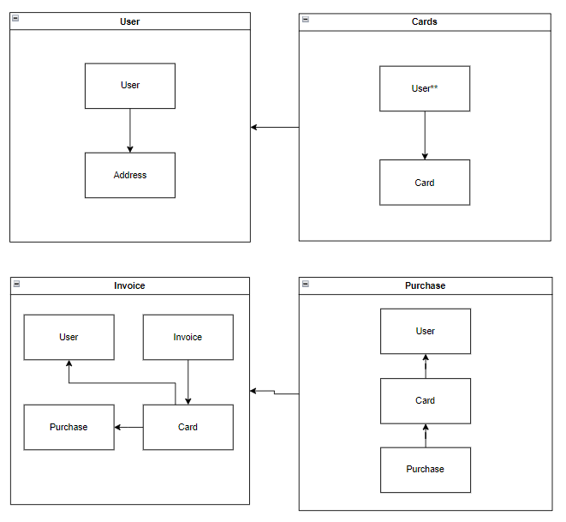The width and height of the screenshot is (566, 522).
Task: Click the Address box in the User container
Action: point(129,176)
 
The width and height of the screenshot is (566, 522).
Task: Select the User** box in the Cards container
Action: point(425,88)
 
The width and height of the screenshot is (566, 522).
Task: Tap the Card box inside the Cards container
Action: point(425,183)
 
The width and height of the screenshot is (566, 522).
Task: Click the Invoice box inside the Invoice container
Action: point(188,337)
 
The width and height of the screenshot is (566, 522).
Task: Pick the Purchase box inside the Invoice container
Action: point(69,427)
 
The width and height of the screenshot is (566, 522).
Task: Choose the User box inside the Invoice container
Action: point(69,337)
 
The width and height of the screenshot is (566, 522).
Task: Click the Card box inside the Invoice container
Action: point(188,427)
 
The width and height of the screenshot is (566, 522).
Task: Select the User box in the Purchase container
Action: point(426,331)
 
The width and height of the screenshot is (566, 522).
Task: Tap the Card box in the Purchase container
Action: point(426,400)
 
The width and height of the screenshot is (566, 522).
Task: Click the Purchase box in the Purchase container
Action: point(426,470)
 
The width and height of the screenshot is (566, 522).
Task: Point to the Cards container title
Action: point(425,21)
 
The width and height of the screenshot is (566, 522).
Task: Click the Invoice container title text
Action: point(129,285)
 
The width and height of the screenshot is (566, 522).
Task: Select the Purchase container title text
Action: point(425,285)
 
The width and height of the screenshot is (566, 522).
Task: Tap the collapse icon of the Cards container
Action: point(306,19)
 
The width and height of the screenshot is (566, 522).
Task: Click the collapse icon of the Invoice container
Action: point(16,283)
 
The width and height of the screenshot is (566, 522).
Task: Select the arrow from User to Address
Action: point(130,130)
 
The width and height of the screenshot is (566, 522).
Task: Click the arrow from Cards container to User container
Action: point(275,128)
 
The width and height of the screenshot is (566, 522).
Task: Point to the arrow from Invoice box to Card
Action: point(188,381)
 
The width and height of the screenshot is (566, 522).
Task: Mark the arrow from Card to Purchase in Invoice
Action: point(128,427)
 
